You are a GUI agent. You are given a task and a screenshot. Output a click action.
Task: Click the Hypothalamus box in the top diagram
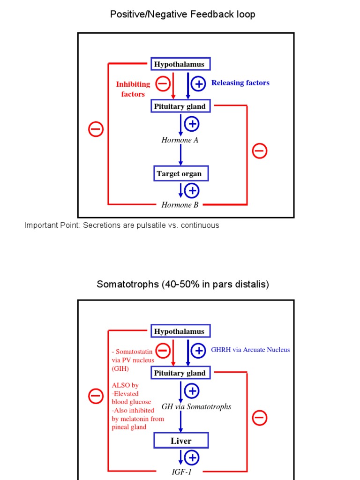pos(180,64)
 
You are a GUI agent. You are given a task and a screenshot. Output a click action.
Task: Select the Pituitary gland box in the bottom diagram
pos(180,373)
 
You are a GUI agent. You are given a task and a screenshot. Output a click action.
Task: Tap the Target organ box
pos(180,174)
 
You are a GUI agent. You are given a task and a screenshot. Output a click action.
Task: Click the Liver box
pos(181,441)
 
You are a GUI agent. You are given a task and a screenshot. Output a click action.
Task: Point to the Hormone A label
pos(180,140)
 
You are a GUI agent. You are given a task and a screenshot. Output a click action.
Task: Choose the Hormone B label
pos(180,205)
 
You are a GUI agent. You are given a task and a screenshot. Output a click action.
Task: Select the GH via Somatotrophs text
pos(196,406)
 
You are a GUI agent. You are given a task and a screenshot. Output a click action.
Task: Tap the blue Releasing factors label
pos(240,83)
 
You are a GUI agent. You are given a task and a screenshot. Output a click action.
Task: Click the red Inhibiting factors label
pos(133,89)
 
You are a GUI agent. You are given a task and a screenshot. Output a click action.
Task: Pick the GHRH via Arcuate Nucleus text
pos(250,350)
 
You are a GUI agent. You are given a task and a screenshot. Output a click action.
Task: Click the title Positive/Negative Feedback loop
pos(183,15)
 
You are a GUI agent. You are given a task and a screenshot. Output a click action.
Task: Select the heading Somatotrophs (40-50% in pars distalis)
pos(183,285)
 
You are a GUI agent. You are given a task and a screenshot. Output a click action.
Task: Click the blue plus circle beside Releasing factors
pos(198,84)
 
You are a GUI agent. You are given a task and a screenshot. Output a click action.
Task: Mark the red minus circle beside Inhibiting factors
pos(163,84)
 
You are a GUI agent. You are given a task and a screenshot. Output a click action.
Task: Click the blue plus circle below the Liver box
pos(192,457)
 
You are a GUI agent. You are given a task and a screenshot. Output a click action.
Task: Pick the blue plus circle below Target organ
pos(192,190)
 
